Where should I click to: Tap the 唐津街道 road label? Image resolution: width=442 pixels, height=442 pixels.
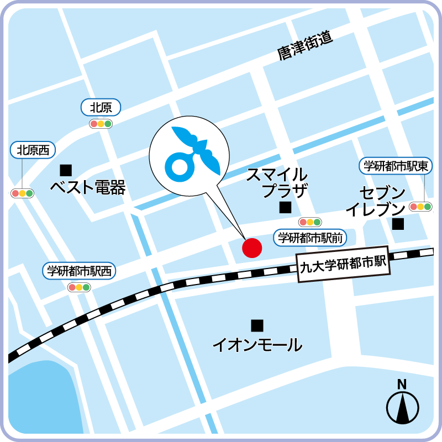(306, 45)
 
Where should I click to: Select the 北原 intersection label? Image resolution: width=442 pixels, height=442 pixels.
(101, 107)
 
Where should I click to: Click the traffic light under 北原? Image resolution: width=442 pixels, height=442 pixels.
(101, 124)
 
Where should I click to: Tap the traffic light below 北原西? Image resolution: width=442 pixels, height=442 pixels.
(22, 193)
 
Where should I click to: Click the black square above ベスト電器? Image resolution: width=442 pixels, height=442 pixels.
(66, 169)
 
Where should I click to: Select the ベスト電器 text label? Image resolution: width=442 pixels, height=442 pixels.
(88, 188)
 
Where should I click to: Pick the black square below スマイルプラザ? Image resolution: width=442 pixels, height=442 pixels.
(285, 208)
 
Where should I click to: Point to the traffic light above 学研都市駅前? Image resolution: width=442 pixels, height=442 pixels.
(309, 222)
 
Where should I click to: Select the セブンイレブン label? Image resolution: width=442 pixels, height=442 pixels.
(375, 201)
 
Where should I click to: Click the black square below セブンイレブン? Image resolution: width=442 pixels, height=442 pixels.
(398, 224)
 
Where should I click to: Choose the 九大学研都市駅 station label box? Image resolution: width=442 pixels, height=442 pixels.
(343, 264)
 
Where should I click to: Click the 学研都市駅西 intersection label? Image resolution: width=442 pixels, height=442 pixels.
(79, 271)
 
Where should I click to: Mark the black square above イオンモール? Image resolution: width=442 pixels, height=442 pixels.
(256, 325)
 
